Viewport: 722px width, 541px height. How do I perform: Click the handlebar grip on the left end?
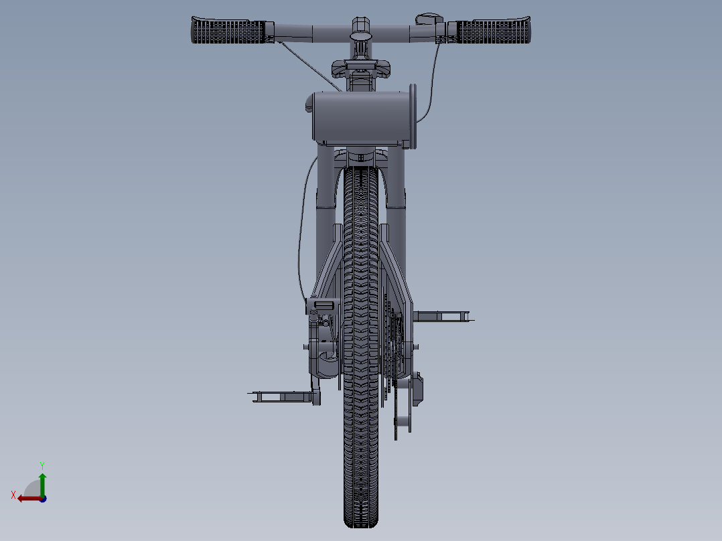[228, 31]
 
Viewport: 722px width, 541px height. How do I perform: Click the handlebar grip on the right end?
[493, 31]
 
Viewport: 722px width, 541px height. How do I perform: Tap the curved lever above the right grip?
[429, 19]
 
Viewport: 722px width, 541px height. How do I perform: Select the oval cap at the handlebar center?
[361, 35]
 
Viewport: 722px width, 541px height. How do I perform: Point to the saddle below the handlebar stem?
[361, 68]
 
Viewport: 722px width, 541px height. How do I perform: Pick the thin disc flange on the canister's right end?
[413, 116]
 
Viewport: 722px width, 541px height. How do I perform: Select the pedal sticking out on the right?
[442, 316]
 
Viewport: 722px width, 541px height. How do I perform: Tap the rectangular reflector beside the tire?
[323, 305]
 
